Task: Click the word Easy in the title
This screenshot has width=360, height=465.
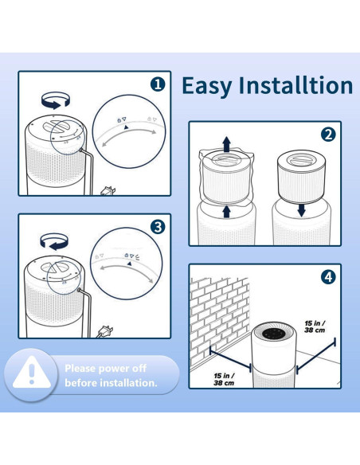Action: coord(207,86)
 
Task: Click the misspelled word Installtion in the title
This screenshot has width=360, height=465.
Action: coord(296,85)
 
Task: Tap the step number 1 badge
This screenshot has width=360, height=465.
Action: coord(158,84)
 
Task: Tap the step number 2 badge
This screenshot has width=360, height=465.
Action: coord(328,135)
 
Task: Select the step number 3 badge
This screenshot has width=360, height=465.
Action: coord(158,227)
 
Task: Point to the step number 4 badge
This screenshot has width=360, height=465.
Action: coord(328,277)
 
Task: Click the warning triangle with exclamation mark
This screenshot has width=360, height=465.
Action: coord(32,373)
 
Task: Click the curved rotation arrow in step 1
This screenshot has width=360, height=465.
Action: coord(56,100)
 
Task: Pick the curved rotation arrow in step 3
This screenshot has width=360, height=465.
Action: coord(54,241)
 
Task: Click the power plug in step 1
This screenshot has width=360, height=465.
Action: coord(108,191)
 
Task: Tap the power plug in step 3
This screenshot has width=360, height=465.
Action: coord(104,331)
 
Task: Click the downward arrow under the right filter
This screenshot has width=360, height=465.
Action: coord(301,210)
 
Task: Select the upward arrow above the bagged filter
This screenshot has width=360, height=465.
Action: coord(227,144)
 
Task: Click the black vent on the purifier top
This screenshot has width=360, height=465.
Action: coord(274,334)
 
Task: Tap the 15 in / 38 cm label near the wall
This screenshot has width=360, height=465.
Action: coord(224,379)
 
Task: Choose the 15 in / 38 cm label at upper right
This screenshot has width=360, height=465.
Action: coord(315,326)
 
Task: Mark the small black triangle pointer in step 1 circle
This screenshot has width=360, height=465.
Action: coord(126,127)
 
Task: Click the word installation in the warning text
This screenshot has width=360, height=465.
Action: coord(128,383)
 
